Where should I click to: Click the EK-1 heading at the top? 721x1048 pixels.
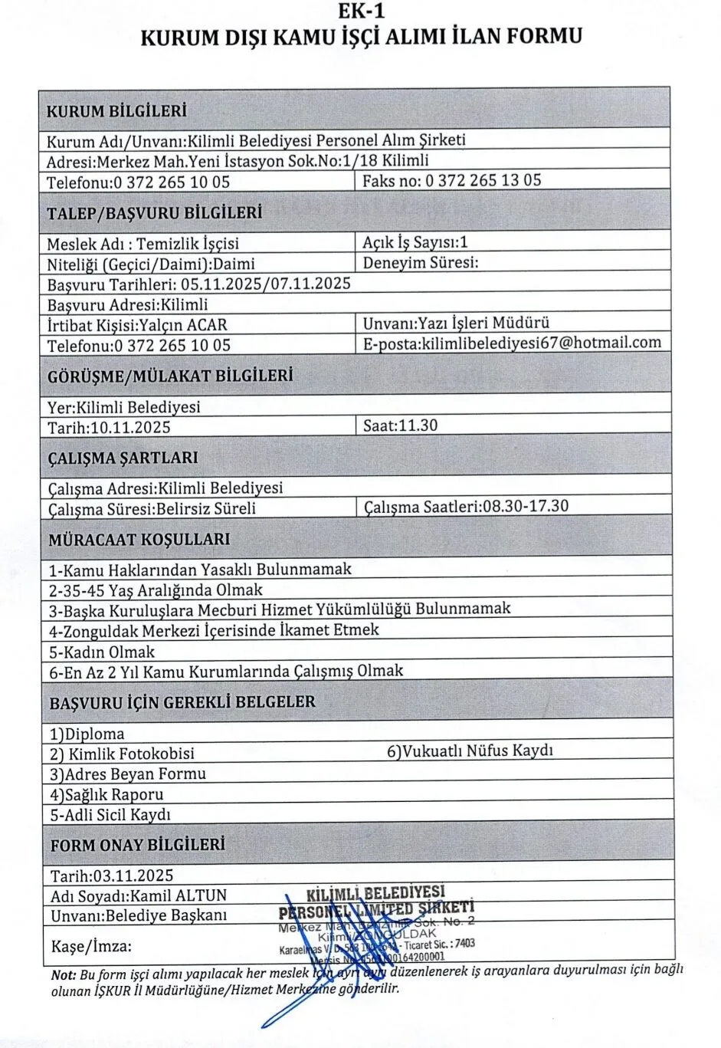click(360, 11)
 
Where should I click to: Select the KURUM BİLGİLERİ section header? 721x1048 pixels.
click(116, 110)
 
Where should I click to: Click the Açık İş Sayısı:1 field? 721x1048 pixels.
click(415, 242)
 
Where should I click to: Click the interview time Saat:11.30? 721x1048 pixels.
click(400, 425)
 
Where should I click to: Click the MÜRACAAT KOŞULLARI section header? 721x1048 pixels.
click(139, 539)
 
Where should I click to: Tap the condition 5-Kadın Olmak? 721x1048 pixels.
click(101, 652)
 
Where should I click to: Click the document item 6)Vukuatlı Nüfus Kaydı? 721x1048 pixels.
click(470, 751)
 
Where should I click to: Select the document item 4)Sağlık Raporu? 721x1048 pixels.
click(107, 794)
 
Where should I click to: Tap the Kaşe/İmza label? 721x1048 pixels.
click(91, 946)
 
